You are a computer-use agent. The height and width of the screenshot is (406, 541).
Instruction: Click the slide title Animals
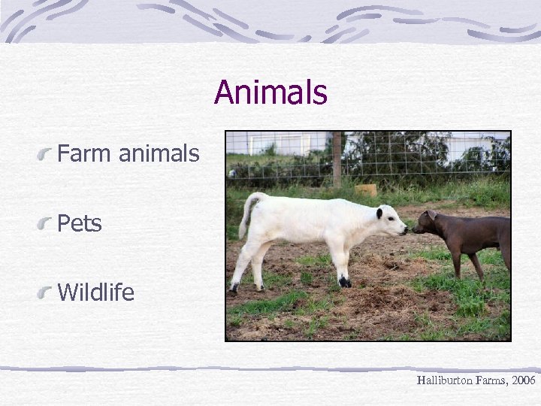pos(270,93)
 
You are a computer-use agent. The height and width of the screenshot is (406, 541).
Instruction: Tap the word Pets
pos(80,223)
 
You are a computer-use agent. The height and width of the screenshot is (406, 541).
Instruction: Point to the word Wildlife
pos(95,292)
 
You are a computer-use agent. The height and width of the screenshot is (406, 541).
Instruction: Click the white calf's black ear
pos(379,213)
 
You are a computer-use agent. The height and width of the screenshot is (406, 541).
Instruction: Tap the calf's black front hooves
pos(344,281)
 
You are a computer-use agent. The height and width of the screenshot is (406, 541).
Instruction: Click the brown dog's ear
pos(431,214)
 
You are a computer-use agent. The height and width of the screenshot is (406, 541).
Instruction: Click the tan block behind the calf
pos(367,190)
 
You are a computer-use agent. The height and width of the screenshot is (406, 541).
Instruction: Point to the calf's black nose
pos(405,230)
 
